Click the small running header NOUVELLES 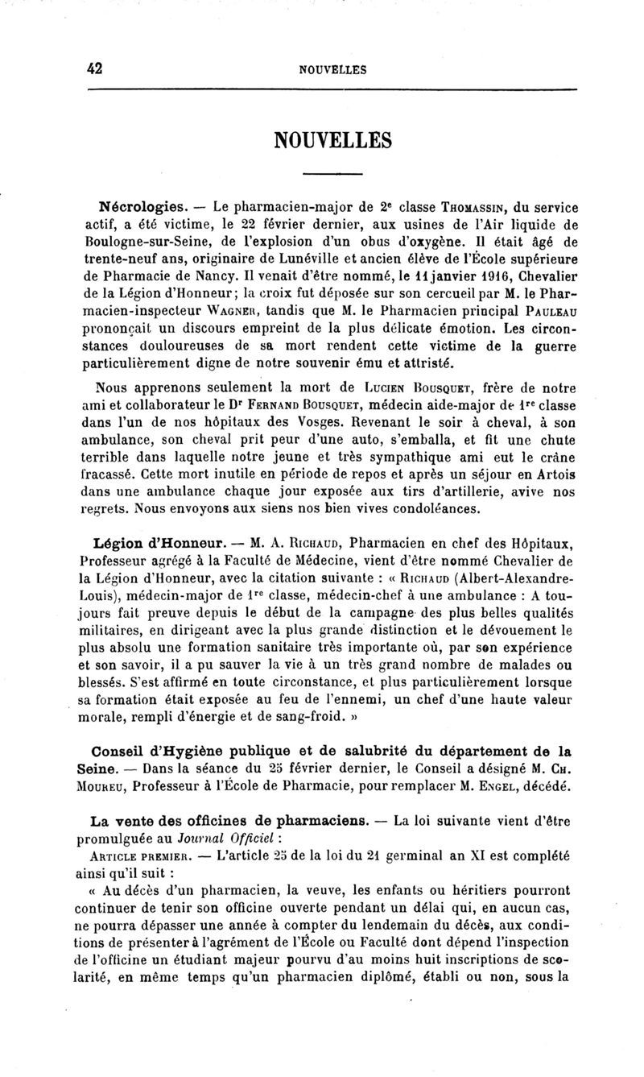pyautogui.click(x=332, y=70)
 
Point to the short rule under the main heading pyautogui.click(x=332, y=173)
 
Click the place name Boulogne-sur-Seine pyautogui.click(x=134, y=239)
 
